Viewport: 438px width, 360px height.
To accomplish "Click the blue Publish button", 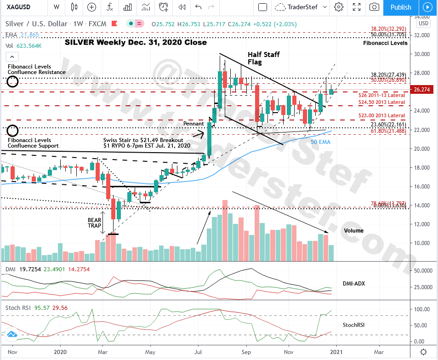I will [x=401, y=7].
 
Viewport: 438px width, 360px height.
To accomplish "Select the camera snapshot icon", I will [x=375, y=7].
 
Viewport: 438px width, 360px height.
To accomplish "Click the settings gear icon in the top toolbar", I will [x=339, y=7].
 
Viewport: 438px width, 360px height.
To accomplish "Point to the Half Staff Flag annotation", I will [x=263, y=58].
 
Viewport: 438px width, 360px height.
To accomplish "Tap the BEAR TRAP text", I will [x=95, y=223].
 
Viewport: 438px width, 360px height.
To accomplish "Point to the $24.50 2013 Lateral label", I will [x=382, y=102].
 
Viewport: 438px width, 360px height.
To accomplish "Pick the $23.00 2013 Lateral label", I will [x=382, y=115].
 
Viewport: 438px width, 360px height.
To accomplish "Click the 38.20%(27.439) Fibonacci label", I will [x=388, y=74].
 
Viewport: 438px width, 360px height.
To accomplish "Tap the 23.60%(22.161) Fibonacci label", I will [x=388, y=124].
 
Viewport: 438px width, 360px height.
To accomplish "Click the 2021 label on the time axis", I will [x=336, y=352].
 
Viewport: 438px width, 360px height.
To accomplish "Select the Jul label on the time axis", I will [x=198, y=352].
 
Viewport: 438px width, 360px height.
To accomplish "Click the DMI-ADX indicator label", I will [x=354, y=284].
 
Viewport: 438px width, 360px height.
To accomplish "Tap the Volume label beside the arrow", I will [x=353, y=231].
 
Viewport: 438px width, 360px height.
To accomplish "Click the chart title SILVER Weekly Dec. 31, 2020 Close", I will [x=136, y=42].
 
